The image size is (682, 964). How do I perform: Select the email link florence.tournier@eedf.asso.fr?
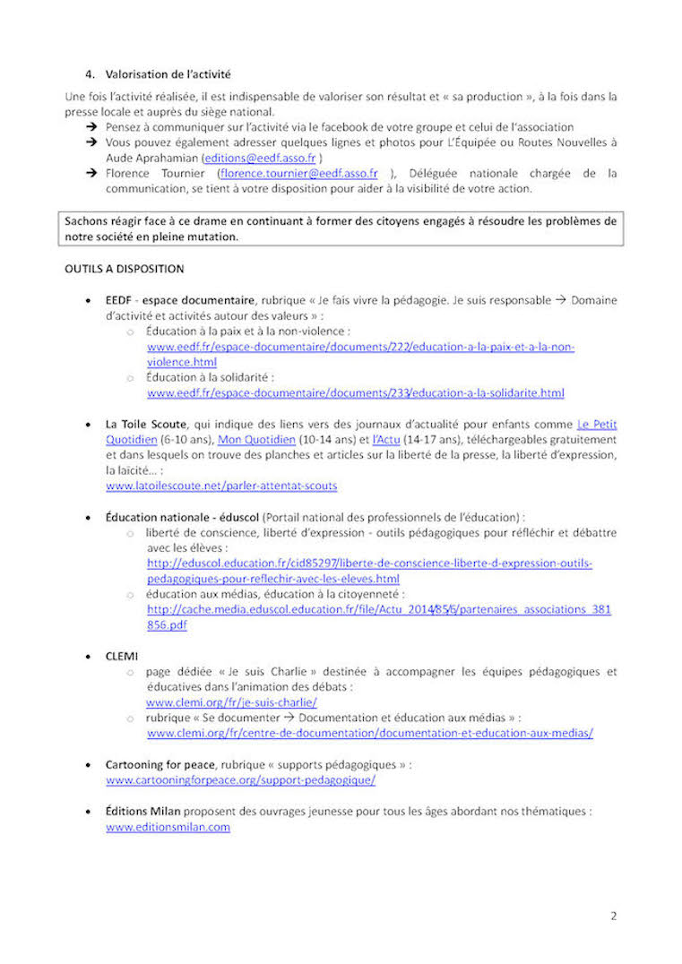pyautogui.click(x=298, y=173)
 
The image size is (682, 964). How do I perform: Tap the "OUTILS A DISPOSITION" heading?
pyautogui.click(x=124, y=268)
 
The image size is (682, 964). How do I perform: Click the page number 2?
pyautogui.click(x=614, y=916)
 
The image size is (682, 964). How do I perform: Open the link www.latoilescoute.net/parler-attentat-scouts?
pyautogui.click(x=221, y=486)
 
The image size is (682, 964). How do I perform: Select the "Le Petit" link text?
pyautogui.click(x=597, y=424)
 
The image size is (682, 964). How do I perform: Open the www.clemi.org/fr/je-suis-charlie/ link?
pyautogui.click(x=231, y=702)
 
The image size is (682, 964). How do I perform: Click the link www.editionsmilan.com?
pyautogui.click(x=168, y=827)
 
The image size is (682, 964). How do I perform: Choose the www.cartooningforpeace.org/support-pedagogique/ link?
pyautogui.click(x=240, y=779)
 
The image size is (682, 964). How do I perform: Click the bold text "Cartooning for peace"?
pyautogui.click(x=160, y=764)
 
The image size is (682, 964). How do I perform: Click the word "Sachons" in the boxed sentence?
pyautogui.click(x=86, y=220)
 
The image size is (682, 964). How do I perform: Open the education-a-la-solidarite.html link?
pyautogui.click(x=356, y=392)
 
